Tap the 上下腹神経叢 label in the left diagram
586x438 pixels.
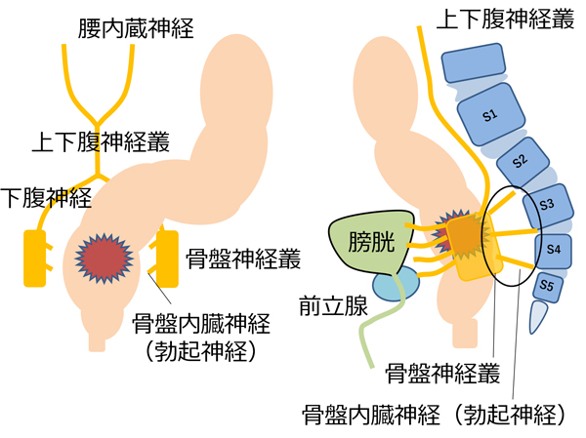101,141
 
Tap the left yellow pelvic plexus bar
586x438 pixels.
35,258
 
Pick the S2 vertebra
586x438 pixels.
520,159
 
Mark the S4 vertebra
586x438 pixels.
553,250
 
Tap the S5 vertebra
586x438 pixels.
547,287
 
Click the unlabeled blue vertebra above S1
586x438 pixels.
475,66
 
